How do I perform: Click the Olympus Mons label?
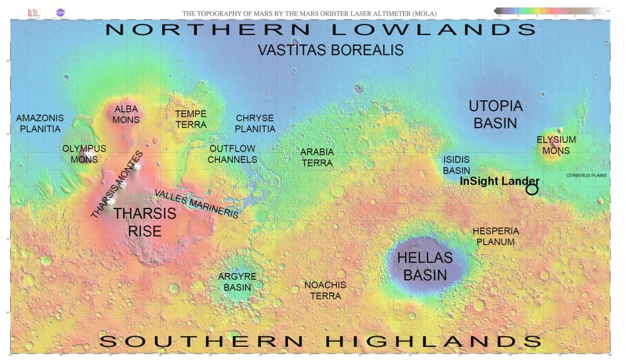point(84,154)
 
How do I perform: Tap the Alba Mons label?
point(126,114)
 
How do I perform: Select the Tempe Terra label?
point(190,119)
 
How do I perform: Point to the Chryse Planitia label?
point(255,123)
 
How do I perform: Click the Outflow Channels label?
point(233,154)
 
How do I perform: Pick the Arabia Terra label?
point(317,157)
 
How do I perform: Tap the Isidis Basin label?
point(456,165)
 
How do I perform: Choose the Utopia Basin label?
point(495,114)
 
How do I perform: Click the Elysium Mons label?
point(556,145)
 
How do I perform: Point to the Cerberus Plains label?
point(587,175)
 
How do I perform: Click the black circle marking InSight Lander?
point(532,189)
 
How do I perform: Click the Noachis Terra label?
point(325,290)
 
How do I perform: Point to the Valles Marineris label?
point(197,203)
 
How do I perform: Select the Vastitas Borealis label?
point(331,50)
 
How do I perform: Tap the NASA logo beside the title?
point(61,12)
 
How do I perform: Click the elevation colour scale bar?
point(548,11)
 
